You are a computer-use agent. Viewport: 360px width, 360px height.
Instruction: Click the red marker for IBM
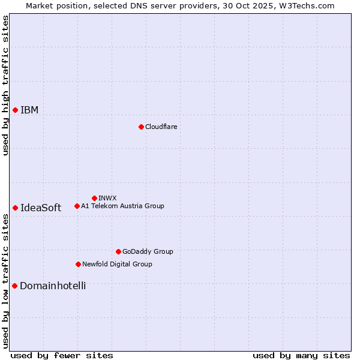15,110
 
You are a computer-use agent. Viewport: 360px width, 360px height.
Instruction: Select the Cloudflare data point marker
141,127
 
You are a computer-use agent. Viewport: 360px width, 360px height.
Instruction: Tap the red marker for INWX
94,198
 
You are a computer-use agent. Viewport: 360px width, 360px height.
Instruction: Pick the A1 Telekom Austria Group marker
77,206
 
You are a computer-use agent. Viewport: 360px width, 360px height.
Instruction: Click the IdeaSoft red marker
15,208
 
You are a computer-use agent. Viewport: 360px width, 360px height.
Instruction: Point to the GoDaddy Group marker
118,251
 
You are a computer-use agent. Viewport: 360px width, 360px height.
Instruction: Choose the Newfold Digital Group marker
78,264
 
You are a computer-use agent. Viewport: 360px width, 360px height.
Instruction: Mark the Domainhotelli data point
14,286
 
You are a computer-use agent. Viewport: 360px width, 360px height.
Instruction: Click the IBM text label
29,110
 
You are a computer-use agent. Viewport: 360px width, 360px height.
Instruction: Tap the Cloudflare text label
161,127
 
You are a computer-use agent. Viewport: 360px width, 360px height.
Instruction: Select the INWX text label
107,198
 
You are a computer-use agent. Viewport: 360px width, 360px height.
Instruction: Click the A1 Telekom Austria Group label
122,206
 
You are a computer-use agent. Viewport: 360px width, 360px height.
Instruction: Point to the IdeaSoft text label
41,208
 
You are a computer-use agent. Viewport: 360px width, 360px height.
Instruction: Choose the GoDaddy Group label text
148,251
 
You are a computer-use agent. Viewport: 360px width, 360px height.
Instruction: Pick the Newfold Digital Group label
117,264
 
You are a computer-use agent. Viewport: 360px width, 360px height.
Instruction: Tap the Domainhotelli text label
53,286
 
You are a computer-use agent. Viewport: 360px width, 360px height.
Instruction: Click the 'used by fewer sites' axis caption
62,355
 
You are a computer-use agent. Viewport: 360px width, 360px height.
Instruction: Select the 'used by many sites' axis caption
301,355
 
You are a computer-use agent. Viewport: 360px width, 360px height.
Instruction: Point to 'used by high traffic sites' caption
5,85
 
